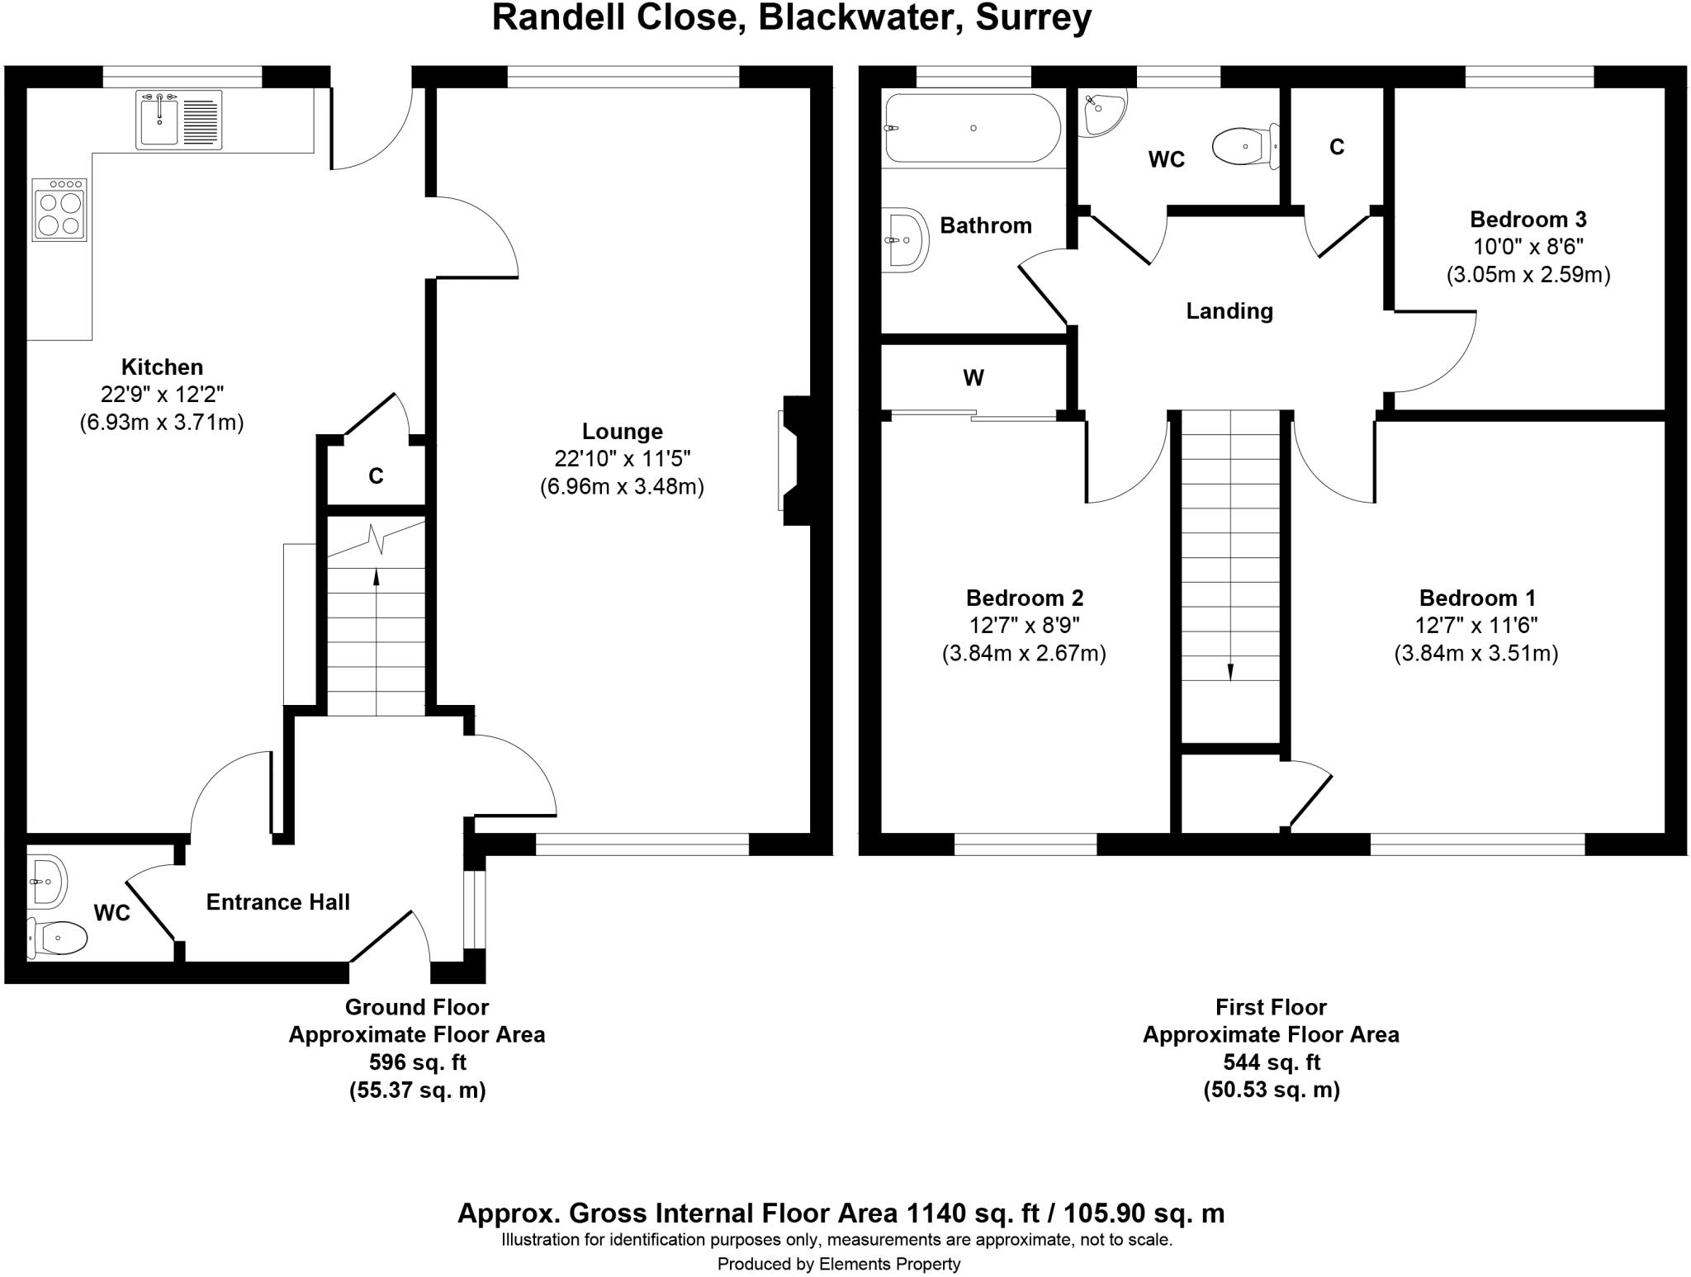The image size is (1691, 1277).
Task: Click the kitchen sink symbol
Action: pyautogui.click(x=179, y=121)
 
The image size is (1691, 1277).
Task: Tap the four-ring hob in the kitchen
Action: pyautogui.click(x=59, y=210)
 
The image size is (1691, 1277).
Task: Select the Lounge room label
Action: pyautogui.click(x=622, y=432)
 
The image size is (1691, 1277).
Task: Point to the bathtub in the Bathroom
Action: pyautogui.click(x=973, y=129)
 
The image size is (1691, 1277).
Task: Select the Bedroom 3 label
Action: pyautogui.click(x=1528, y=220)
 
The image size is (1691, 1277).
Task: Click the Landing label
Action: pyautogui.click(x=1229, y=311)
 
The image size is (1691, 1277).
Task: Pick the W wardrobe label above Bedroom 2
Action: pyautogui.click(x=973, y=378)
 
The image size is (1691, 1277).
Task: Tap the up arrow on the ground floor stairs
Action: pyautogui.click(x=377, y=577)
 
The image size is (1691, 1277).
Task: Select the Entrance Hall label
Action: pyautogui.click(x=277, y=902)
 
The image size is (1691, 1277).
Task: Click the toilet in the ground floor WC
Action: pyautogui.click(x=58, y=938)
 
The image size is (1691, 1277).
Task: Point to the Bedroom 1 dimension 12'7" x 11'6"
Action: pyautogui.click(x=1475, y=626)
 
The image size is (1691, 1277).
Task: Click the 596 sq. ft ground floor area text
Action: pyautogui.click(x=417, y=1062)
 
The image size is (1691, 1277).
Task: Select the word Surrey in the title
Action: pyautogui.click(x=1033, y=17)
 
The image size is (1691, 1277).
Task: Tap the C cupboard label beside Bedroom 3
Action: pyautogui.click(x=1337, y=147)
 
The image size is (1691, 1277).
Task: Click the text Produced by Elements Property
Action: pyautogui.click(x=838, y=1264)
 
